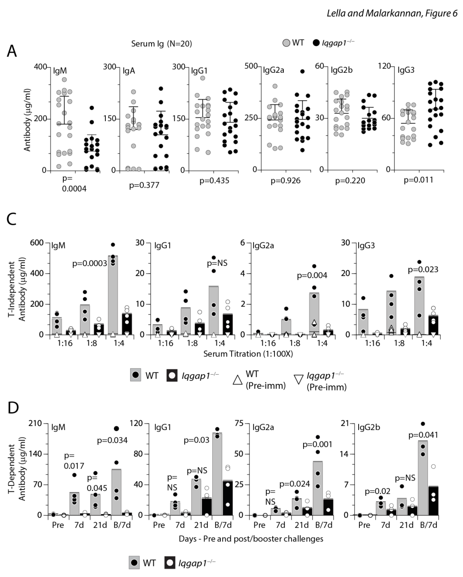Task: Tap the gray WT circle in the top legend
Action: (x=286, y=43)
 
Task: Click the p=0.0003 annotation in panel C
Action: (x=89, y=264)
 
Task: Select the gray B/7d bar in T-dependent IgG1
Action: (x=217, y=475)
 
